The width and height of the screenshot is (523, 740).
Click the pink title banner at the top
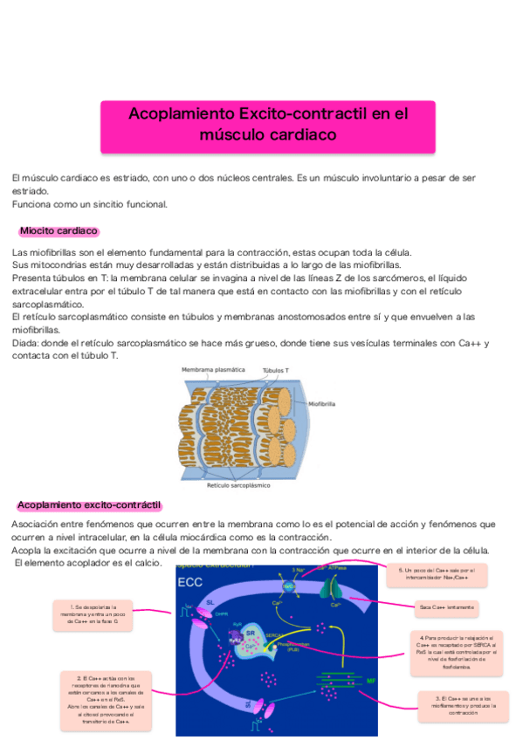[x=268, y=124]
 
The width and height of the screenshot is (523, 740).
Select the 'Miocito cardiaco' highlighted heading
[x=58, y=231]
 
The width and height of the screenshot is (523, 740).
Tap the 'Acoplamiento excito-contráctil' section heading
[x=90, y=504]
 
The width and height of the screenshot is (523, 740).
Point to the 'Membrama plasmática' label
[x=213, y=371]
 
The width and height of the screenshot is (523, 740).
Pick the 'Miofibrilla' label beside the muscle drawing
[x=322, y=405]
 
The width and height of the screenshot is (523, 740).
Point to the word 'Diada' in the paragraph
[x=26, y=343]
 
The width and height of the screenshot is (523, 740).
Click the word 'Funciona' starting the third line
[x=32, y=204]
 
